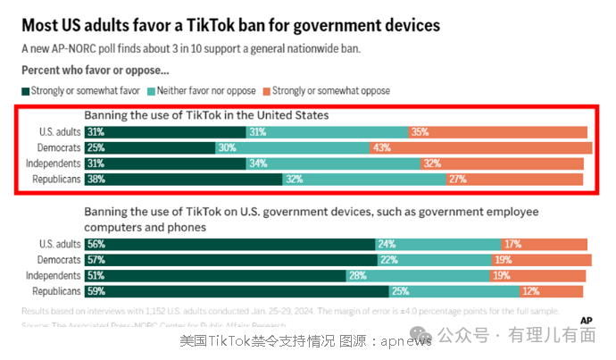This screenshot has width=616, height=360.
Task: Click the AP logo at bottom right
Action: coord(587,320)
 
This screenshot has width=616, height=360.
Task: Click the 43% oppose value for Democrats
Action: coord(381,147)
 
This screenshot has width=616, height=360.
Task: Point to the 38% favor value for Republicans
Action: coord(96,178)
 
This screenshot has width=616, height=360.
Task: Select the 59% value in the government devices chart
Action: coord(96,291)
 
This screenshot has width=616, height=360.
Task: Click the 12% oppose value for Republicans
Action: coord(530,291)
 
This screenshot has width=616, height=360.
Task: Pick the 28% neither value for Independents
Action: coord(357,275)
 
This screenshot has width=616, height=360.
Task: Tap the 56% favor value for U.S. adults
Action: coord(96,244)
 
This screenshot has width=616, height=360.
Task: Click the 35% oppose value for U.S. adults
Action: coord(420,131)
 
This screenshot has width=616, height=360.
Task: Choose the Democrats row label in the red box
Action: coord(54,147)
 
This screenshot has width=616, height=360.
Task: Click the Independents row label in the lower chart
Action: coord(52,275)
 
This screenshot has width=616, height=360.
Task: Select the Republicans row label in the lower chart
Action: coord(54,291)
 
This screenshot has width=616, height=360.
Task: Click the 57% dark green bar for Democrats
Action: coord(232,260)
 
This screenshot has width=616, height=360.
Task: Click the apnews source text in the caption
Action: coord(405,340)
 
